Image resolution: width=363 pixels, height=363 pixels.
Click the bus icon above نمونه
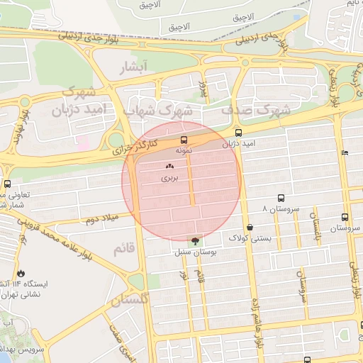pos(184,140)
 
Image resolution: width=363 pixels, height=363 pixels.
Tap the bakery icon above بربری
pos(169,167)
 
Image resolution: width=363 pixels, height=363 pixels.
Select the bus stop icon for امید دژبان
pos(238,133)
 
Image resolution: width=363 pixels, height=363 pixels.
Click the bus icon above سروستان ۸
pos(281,199)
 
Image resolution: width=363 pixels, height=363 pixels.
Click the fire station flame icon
pos(21,273)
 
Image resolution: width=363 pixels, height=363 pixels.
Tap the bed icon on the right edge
pos(345,152)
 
